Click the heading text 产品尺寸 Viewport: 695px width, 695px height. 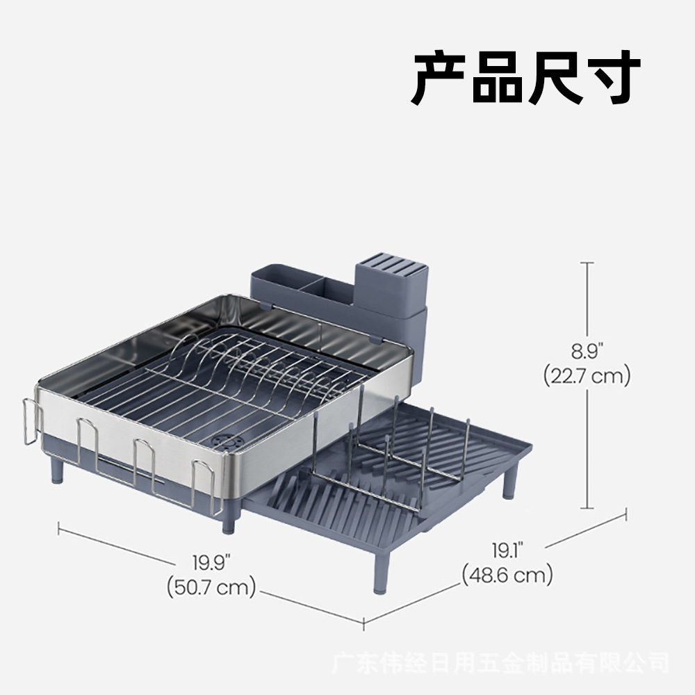click(x=525, y=77)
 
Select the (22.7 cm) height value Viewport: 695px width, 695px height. click(x=587, y=376)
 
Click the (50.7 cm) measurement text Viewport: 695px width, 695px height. click(x=211, y=587)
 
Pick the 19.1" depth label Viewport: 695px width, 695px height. click(x=507, y=551)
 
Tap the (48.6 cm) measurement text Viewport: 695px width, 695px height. click(x=507, y=575)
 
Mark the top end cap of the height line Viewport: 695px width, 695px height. click(x=588, y=263)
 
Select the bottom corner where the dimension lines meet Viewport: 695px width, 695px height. click(x=364, y=623)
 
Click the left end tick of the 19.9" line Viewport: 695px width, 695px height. click(x=59, y=529)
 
